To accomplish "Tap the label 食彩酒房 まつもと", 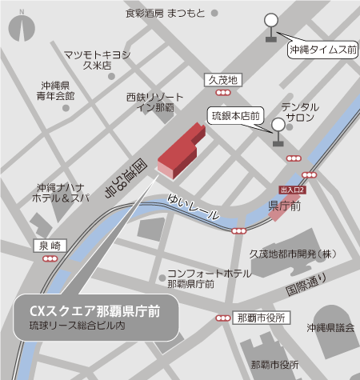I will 165,14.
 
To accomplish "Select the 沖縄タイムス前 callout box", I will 322,50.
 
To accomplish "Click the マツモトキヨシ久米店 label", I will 98,60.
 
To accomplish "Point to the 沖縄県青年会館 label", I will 58,90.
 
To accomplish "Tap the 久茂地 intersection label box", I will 223,80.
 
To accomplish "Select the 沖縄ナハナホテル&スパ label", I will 60,191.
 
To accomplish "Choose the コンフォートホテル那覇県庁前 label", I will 203,278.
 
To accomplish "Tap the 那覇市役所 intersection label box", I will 262,318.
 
